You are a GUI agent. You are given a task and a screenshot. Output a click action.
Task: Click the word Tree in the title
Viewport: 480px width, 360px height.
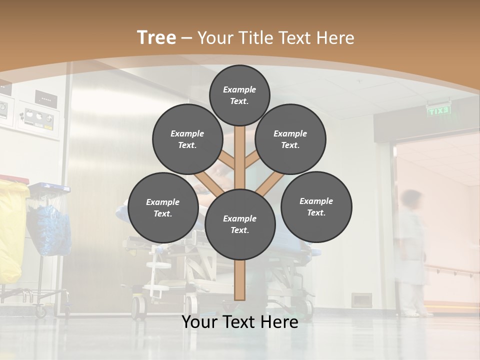pos(156,37)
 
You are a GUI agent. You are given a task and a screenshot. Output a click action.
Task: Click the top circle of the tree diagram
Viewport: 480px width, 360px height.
pos(239,95)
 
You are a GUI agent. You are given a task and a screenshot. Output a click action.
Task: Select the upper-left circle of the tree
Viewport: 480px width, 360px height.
pos(187,139)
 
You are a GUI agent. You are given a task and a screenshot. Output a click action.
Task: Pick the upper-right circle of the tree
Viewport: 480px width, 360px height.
pos(290,139)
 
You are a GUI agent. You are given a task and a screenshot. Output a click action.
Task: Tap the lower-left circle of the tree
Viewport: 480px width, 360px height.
pos(163,207)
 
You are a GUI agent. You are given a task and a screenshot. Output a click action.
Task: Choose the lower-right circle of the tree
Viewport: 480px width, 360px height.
pos(316,206)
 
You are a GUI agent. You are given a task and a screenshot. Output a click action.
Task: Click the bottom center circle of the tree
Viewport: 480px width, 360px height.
pos(240,224)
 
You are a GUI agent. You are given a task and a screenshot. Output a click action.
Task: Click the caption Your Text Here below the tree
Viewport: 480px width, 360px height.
pos(240,322)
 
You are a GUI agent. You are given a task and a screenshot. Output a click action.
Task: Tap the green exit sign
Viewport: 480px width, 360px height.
pos(438,111)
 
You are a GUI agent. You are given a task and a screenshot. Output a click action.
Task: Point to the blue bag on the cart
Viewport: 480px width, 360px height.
pos(50,227)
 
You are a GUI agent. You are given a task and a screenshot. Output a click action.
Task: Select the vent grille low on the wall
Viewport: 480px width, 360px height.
pos(361,300)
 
